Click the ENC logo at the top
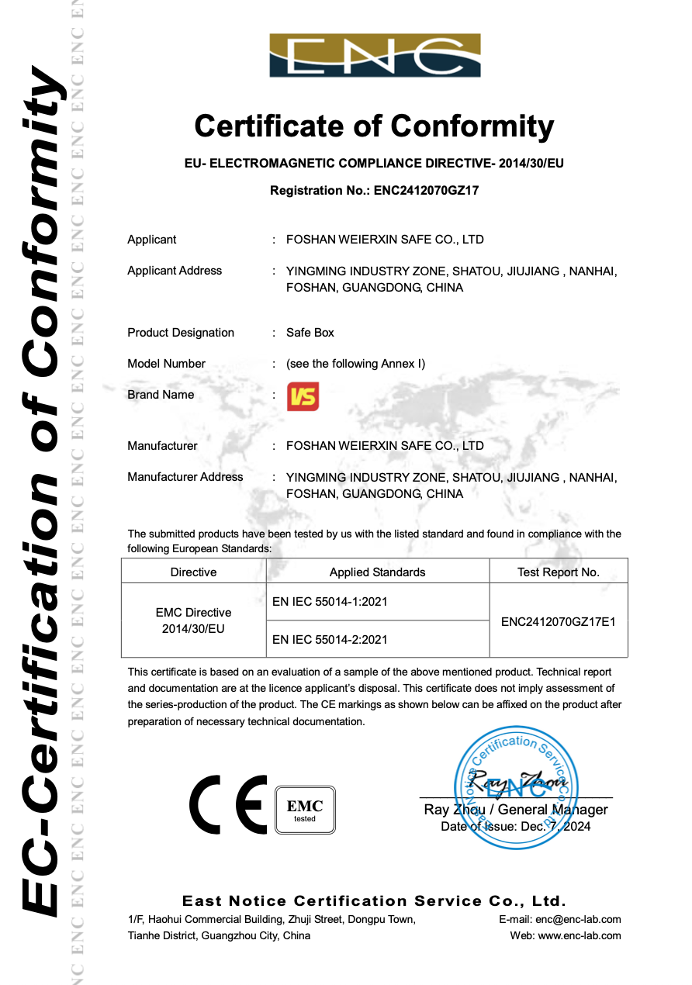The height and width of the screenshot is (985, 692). (x=375, y=56)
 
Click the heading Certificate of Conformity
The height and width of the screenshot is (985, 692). (x=374, y=126)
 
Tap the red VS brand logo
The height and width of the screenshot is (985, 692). (x=303, y=396)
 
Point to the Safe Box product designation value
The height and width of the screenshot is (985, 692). (x=310, y=333)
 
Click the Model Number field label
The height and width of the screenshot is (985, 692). (x=166, y=364)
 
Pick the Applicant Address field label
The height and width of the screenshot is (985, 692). (x=175, y=271)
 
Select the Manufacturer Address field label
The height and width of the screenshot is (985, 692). (x=185, y=477)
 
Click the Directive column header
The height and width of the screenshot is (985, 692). (x=193, y=572)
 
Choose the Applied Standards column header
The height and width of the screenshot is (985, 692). (x=377, y=572)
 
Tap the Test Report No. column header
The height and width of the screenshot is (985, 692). (x=558, y=572)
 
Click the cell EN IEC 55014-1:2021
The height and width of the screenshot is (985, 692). (x=330, y=602)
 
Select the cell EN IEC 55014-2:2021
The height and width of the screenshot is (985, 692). (x=330, y=640)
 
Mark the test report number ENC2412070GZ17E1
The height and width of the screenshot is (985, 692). (x=559, y=621)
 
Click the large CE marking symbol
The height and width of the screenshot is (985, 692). (x=228, y=804)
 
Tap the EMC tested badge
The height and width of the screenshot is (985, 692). (x=305, y=810)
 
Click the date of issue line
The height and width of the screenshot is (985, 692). (x=515, y=827)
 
